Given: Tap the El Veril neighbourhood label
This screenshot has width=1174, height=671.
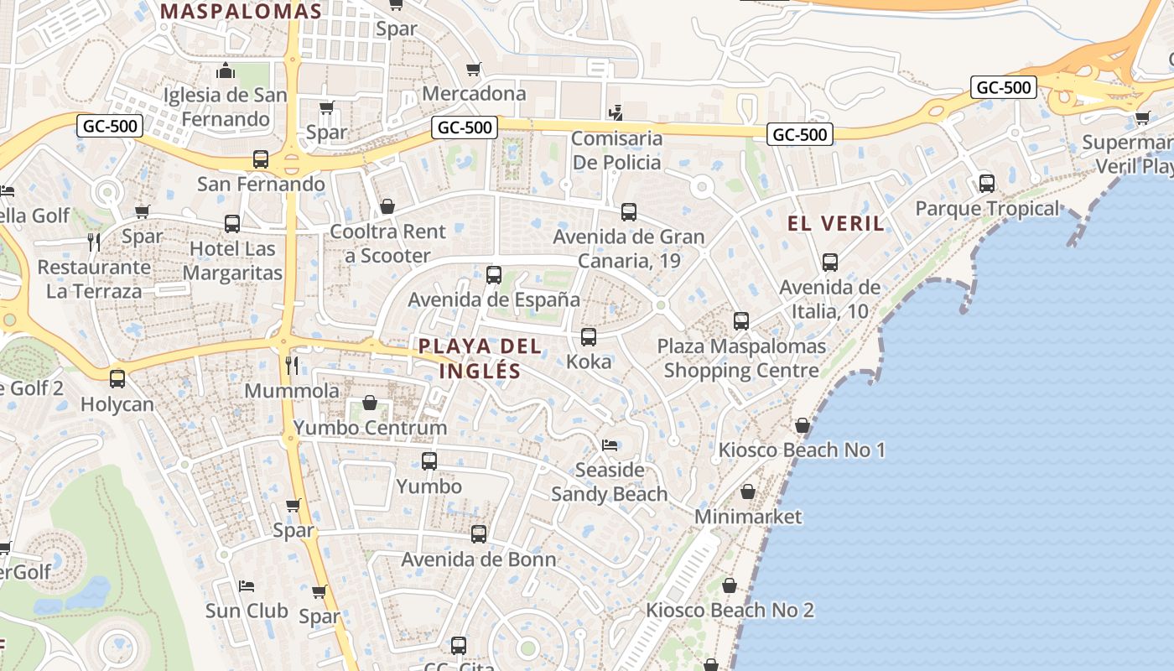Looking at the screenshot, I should (x=836, y=223).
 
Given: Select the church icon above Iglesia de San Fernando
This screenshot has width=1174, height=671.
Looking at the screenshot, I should (x=225, y=70).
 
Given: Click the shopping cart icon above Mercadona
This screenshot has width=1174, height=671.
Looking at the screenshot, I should (x=474, y=69).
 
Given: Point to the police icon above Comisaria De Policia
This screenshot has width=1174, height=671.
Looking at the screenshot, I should (x=616, y=112).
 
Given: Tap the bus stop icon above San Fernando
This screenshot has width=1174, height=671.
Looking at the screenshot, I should (x=261, y=159).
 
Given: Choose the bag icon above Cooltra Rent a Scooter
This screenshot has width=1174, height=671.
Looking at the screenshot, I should (x=387, y=206).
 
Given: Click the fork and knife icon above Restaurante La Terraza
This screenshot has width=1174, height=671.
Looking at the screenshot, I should (x=94, y=242).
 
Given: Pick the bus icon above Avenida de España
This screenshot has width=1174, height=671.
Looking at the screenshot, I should (x=494, y=274).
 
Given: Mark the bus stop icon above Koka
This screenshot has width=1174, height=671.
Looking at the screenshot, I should (x=589, y=337).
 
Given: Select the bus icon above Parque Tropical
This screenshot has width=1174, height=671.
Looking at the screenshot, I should (x=987, y=183).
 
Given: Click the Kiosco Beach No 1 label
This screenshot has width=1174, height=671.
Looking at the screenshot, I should (x=802, y=450).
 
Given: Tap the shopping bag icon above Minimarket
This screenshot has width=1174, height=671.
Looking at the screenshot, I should (x=747, y=492).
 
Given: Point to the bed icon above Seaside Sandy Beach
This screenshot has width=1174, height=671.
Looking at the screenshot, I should (x=610, y=445).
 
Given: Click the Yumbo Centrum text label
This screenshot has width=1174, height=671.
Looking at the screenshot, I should (x=370, y=428).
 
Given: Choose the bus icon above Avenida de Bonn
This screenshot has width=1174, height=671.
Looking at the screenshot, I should (x=479, y=534).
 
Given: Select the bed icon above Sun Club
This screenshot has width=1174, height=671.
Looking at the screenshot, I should (x=247, y=585).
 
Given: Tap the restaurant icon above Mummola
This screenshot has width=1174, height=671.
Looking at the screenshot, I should (x=292, y=365).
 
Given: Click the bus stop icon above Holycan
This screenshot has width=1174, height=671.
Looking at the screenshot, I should (x=117, y=379).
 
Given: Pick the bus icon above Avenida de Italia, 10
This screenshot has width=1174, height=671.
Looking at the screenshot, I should (x=830, y=263).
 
